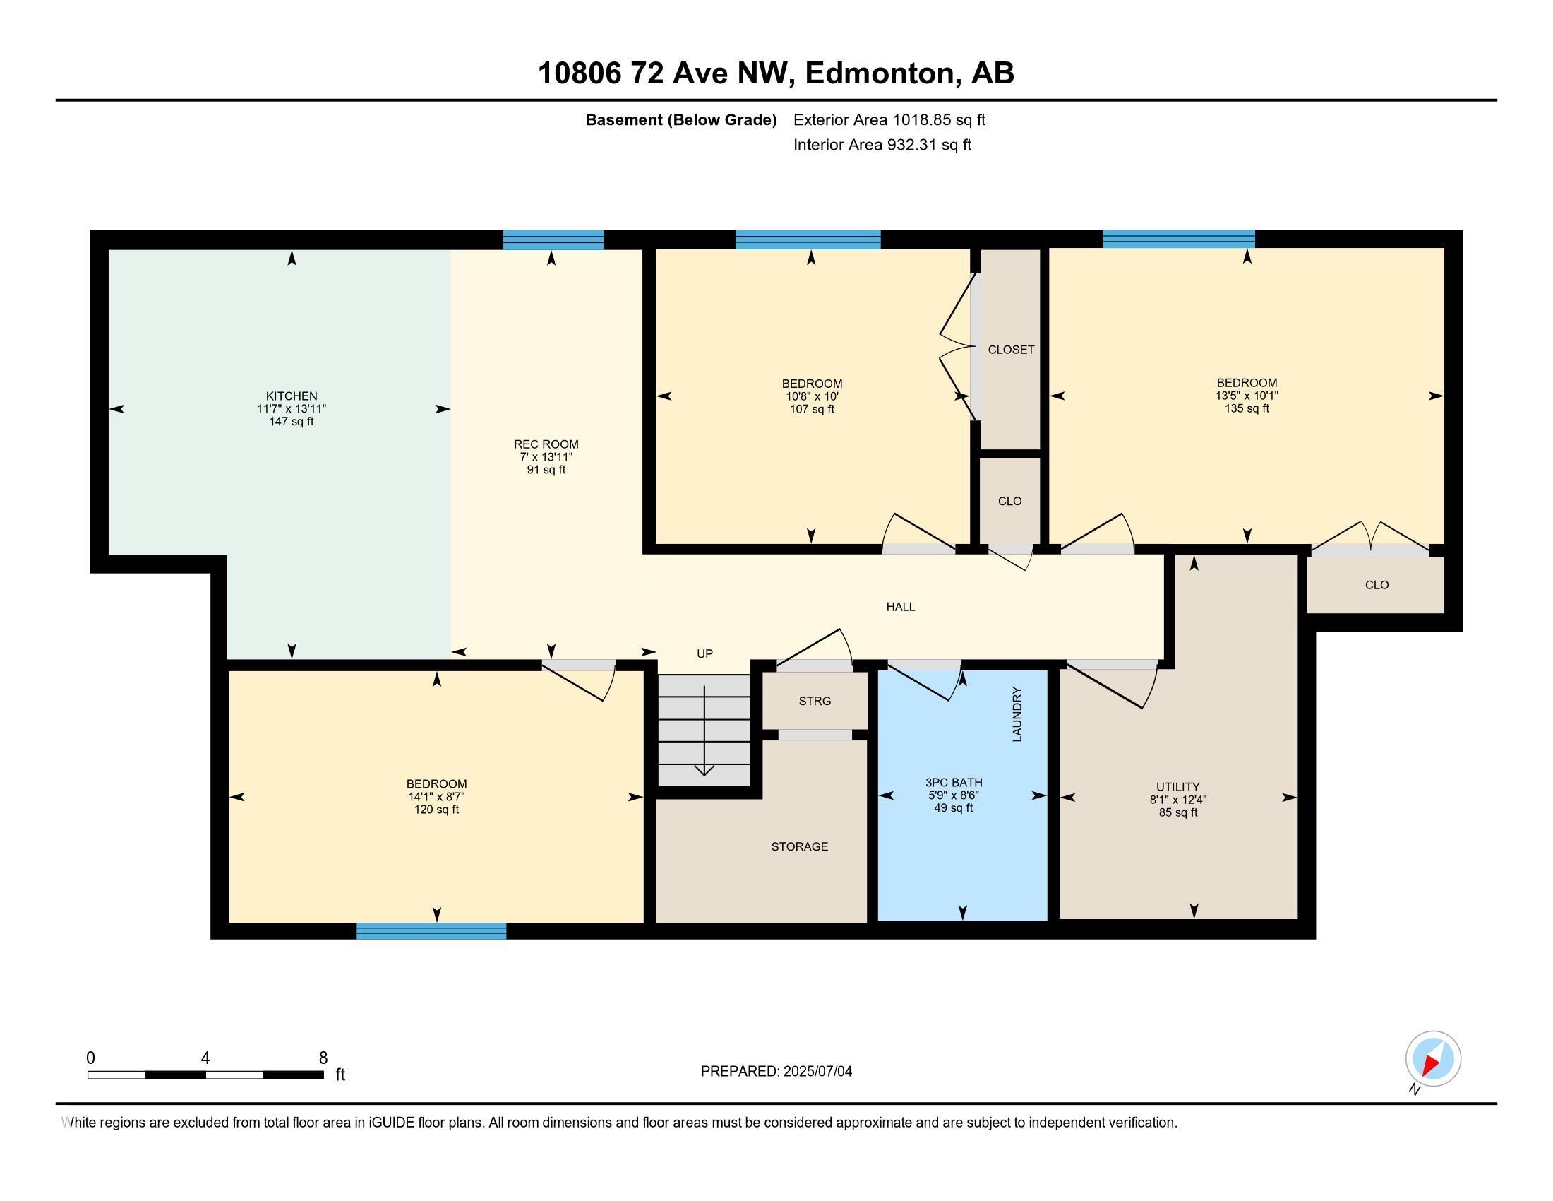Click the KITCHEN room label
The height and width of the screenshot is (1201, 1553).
click(x=292, y=396)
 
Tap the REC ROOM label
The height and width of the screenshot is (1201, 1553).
click(x=546, y=444)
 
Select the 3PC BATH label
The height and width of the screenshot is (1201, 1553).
click(x=953, y=783)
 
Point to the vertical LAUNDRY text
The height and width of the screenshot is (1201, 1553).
click(x=1017, y=714)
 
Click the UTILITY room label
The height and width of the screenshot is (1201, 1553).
click(x=1177, y=787)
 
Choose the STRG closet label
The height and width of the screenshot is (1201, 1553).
click(x=814, y=702)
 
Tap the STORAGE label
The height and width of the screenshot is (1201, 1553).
click(x=799, y=846)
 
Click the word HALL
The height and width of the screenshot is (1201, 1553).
click(x=900, y=607)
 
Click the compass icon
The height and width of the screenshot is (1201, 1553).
click(x=1433, y=1058)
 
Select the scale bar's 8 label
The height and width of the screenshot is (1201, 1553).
click(x=323, y=1058)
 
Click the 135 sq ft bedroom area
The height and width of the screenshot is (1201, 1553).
click(x=1247, y=408)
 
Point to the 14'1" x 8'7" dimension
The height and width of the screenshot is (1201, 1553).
click(x=436, y=797)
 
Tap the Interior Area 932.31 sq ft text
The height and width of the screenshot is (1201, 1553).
click(x=882, y=145)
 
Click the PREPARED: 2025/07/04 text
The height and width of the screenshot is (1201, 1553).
click(x=776, y=1072)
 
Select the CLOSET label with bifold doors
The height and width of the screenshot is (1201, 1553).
click(x=1010, y=350)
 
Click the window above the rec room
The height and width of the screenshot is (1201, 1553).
click(x=553, y=240)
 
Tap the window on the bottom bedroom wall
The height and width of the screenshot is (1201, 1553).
click(x=431, y=930)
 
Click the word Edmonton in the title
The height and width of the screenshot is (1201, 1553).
click(x=880, y=73)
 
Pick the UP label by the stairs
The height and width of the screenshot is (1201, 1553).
click(x=704, y=654)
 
